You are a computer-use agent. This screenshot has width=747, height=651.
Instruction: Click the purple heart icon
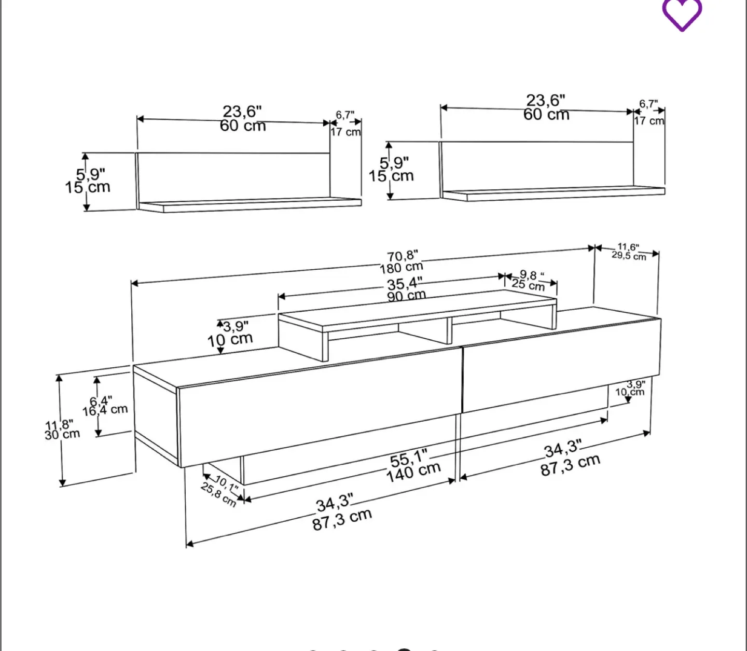(x=682, y=14)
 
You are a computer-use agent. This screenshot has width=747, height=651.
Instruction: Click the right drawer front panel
(x=560, y=366)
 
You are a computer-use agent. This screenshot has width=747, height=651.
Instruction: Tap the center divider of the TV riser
(x=449, y=330)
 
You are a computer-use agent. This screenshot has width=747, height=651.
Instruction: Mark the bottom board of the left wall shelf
(x=249, y=205)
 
